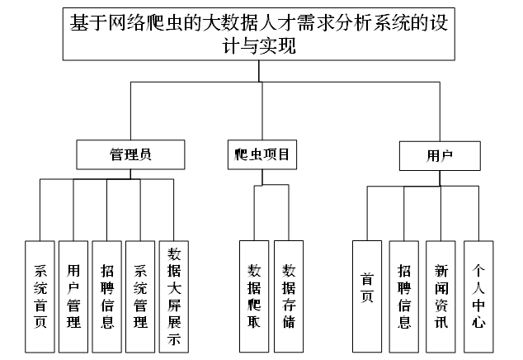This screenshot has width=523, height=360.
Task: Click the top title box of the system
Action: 259,34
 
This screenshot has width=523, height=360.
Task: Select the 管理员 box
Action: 130,154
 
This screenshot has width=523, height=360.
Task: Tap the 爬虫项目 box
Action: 262,154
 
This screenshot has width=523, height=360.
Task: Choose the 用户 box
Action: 440,156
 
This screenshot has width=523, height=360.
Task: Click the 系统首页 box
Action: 40,296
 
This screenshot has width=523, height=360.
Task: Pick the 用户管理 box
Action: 73,296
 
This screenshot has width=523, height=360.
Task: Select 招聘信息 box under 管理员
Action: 107,296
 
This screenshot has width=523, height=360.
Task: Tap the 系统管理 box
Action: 140,296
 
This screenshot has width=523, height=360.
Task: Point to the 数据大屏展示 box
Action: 174,296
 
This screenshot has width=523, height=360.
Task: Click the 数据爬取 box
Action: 254,296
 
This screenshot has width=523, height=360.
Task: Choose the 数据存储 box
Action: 289,296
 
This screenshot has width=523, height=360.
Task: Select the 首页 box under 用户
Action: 367,296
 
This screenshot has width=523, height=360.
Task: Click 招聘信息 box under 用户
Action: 404,296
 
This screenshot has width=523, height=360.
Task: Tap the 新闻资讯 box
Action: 441,296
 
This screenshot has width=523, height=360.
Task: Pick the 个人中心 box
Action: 478,296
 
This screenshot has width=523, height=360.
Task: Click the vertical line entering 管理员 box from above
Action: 130,111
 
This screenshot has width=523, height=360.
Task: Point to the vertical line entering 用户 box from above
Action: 440,111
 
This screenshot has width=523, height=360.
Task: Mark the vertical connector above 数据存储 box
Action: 289,213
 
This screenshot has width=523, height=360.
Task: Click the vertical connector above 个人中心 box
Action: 479,213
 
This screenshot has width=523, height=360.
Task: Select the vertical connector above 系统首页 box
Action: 40,210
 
